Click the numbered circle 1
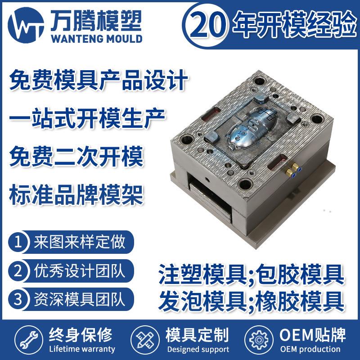pyautogui.click(x=19, y=243)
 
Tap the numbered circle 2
pyautogui.click(x=19, y=271)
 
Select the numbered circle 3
pyautogui.click(x=19, y=299)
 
